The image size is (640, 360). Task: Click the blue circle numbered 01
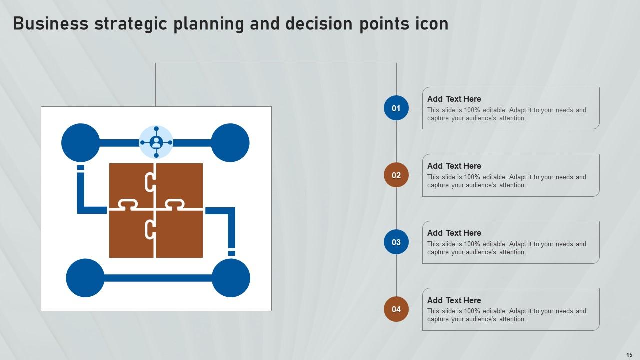point(396,108)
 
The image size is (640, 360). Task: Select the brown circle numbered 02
point(396,175)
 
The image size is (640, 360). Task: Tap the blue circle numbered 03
point(396,242)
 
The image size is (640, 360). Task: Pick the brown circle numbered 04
point(396,309)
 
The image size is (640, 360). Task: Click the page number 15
point(629,355)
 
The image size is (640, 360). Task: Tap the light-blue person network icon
point(156,142)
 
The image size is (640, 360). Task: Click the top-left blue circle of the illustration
point(80,143)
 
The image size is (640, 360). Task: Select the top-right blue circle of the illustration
point(230,143)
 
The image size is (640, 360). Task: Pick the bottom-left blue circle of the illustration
point(85,278)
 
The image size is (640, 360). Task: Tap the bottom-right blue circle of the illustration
point(231,278)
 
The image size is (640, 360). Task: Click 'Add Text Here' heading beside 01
point(454,99)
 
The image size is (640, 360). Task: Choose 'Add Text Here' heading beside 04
point(454,300)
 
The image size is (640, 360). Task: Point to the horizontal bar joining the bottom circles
point(158,278)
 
